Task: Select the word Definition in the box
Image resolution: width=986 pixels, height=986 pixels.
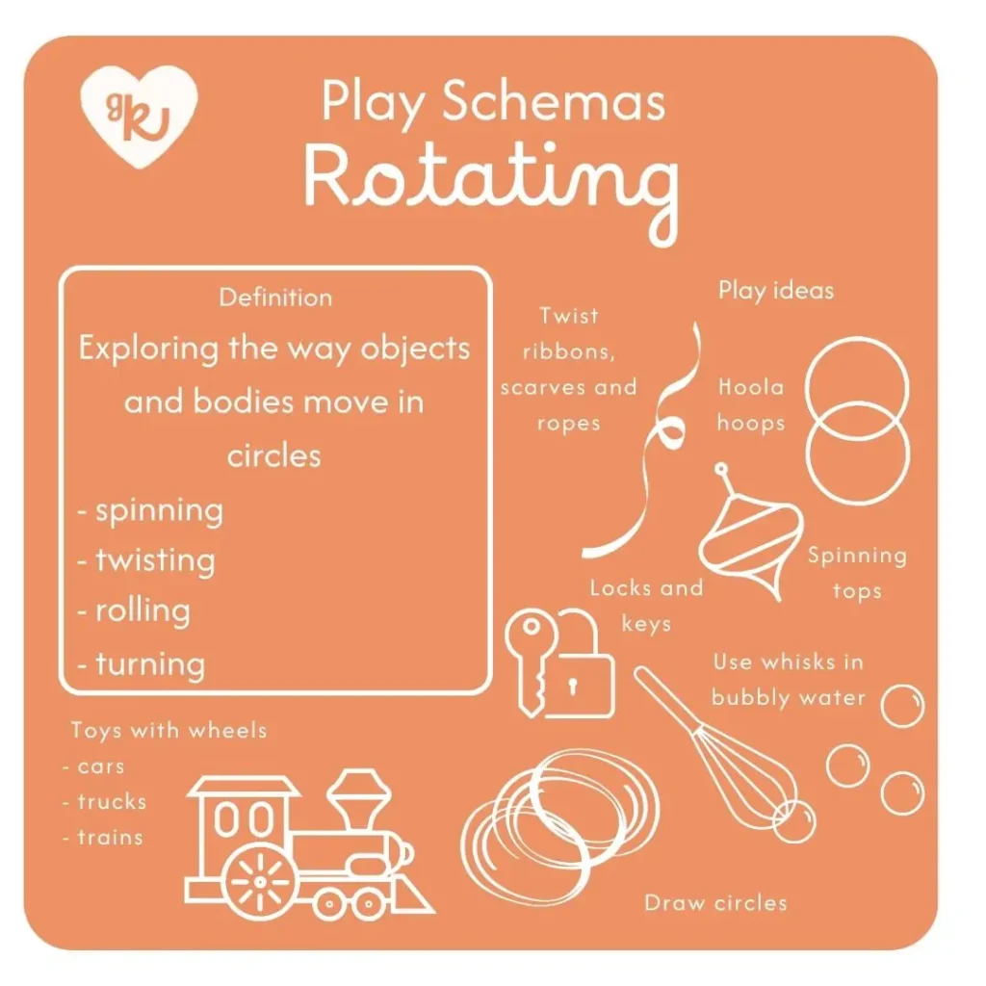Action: tap(275, 298)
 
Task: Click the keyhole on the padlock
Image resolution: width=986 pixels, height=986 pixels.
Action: tap(572, 686)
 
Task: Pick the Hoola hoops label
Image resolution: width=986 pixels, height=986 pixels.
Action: tap(751, 405)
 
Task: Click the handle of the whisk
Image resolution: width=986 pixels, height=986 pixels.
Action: tap(674, 708)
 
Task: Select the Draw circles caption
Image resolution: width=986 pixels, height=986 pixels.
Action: tap(715, 903)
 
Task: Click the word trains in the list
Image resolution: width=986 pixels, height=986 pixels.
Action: tap(110, 838)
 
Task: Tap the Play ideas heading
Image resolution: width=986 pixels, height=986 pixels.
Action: tap(776, 291)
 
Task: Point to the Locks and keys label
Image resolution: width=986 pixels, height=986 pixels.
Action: tap(646, 606)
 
